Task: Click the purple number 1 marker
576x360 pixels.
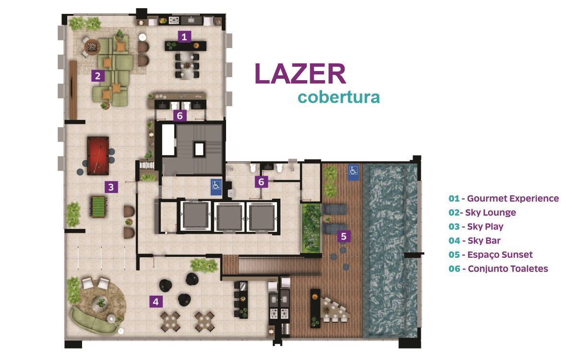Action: [x=184, y=37]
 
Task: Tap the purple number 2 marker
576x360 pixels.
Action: [x=98, y=76]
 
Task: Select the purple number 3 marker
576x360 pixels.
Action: [x=111, y=187]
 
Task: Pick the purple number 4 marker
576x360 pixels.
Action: [x=156, y=301]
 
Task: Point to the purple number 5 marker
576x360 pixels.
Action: [x=344, y=236]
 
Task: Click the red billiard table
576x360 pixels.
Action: [x=98, y=156]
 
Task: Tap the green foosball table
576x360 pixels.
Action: [x=98, y=207]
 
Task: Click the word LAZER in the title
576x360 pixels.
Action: [x=300, y=74]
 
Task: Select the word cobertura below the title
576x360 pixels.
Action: [x=339, y=97]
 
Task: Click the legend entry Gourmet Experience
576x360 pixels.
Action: [x=513, y=199]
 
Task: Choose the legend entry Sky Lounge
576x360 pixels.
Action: [x=491, y=213]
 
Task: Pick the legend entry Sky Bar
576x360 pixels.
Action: [x=484, y=240]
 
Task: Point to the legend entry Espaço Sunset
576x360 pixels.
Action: [x=500, y=254]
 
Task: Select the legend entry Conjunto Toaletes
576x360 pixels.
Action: [x=508, y=269]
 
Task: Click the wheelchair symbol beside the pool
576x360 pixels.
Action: [x=353, y=170]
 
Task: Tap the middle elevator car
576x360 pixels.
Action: [x=229, y=216]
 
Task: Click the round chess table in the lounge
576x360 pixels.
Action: [x=92, y=47]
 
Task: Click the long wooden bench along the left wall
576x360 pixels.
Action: [x=73, y=90]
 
